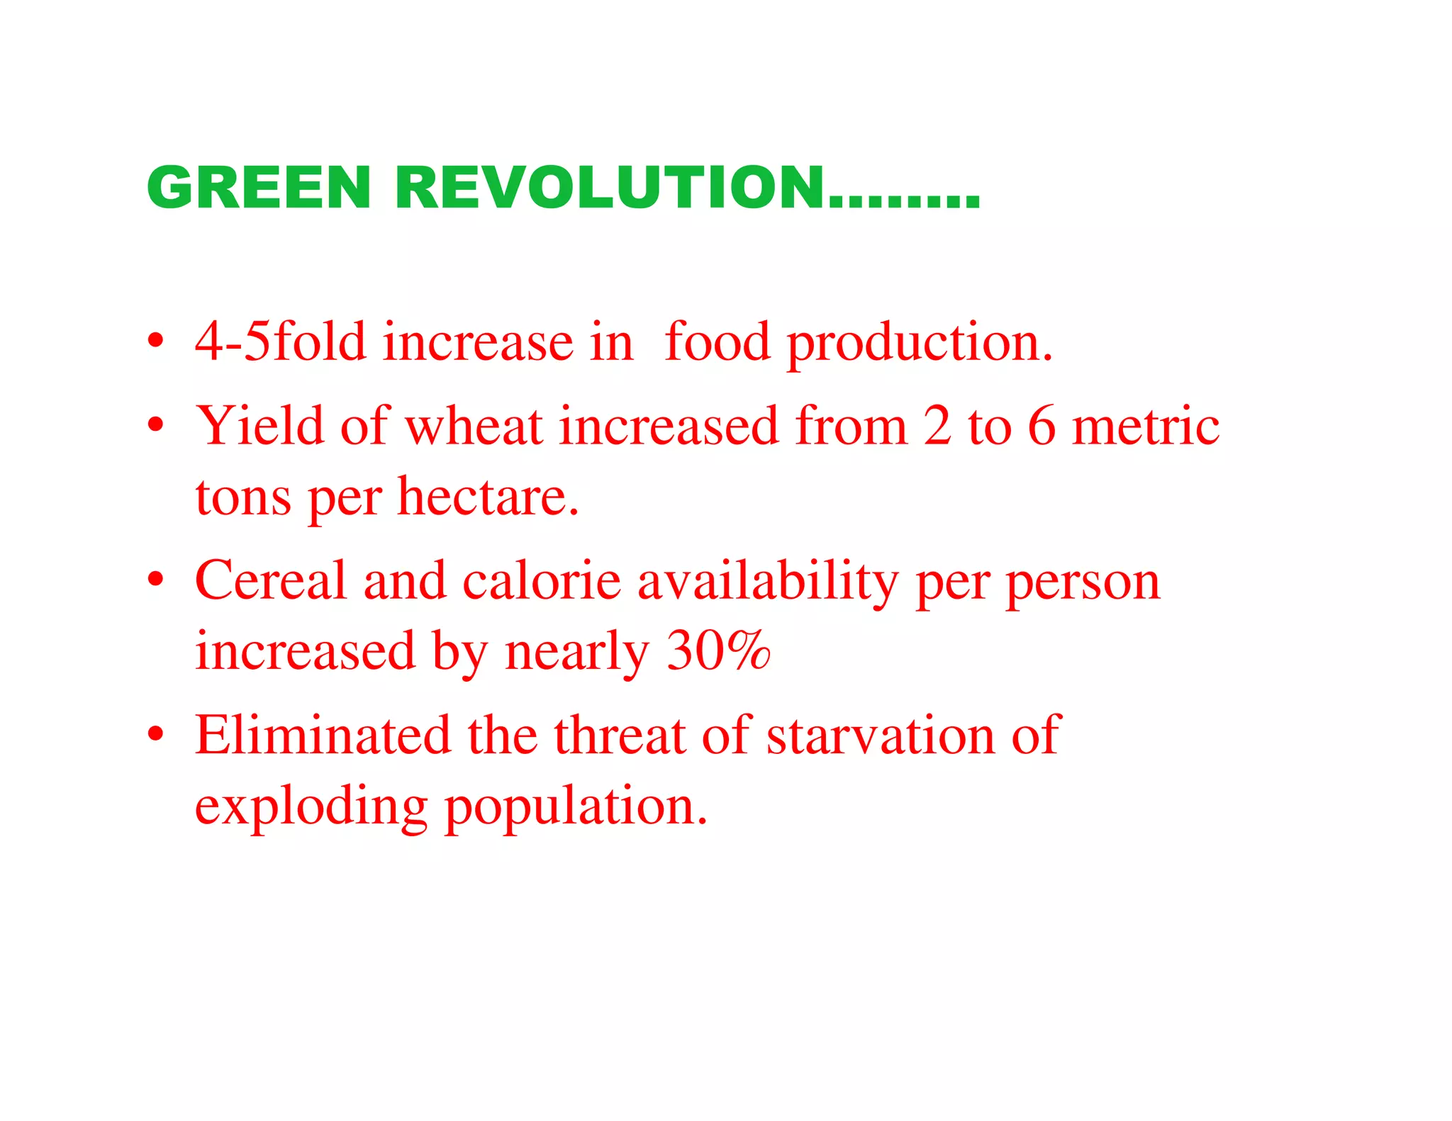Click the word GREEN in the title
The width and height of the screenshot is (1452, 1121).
pyautogui.click(x=259, y=188)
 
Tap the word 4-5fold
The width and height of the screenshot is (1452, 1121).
pyautogui.click(x=280, y=342)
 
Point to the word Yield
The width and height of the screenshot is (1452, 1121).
pyautogui.click(x=259, y=427)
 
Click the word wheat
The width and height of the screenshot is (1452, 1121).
pyautogui.click(x=474, y=427)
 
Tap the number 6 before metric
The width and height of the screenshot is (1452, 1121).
pyautogui.click(x=1041, y=427)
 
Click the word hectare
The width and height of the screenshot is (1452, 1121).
pyautogui.click(x=488, y=496)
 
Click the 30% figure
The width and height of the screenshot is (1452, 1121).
pyautogui.click(x=718, y=650)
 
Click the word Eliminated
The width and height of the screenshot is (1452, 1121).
pyautogui.click(x=323, y=735)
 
